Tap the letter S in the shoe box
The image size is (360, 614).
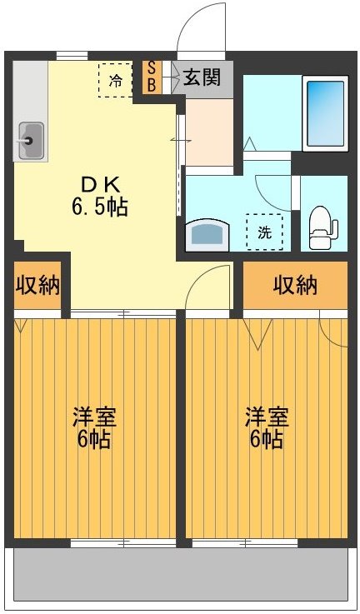(x=152, y=69)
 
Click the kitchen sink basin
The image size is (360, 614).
(x=32, y=140)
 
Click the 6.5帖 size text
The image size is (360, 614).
(x=99, y=207)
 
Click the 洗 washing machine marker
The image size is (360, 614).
(x=264, y=232)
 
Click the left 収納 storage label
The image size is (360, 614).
(x=37, y=286)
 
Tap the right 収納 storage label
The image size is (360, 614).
(x=295, y=286)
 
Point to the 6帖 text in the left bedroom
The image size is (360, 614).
(x=93, y=439)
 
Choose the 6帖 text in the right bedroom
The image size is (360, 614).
(x=266, y=439)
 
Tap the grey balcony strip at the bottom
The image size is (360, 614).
(x=179, y=579)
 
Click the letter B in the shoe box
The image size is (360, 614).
(x=152, y=84)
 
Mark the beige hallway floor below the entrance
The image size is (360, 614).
(x=208, y=133)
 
